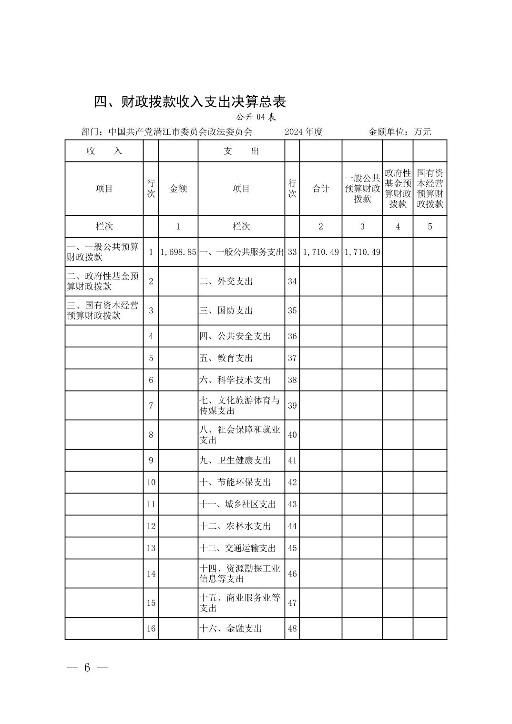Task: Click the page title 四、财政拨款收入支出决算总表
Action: tap(189, 101)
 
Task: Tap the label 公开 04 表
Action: tap(256, 117)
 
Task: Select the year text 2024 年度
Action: tap(304, 132)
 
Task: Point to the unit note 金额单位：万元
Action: tap(399, 132)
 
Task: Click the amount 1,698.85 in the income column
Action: tap(178, 252)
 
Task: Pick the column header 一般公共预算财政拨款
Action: tap(362, 189)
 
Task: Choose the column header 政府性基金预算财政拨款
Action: tap(398, 189)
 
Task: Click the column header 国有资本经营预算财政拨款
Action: tap(430, 189)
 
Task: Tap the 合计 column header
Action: tap(321, 189)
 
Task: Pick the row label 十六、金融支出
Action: tap(231, 629)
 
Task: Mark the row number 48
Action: tap(292, 629)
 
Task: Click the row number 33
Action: tap(292, 252)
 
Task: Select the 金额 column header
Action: tap(178, 189)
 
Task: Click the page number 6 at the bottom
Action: tap(87, 668)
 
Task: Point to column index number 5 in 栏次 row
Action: tap(430, 227)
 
